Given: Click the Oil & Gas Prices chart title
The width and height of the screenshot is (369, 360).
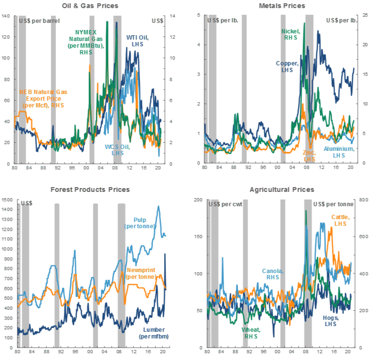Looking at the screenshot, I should point(90,6).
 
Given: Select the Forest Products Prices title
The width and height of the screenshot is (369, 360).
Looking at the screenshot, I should point(90,190).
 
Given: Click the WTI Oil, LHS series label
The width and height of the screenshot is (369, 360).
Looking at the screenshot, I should point(137,40).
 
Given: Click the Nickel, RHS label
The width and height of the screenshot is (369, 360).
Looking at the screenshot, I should point(291,34).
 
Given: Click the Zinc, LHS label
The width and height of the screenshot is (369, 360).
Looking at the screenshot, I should point(310,156).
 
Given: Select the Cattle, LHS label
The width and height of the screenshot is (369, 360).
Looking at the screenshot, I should point(341,220).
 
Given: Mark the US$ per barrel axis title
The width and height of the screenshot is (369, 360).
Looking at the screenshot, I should point(36,21).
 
